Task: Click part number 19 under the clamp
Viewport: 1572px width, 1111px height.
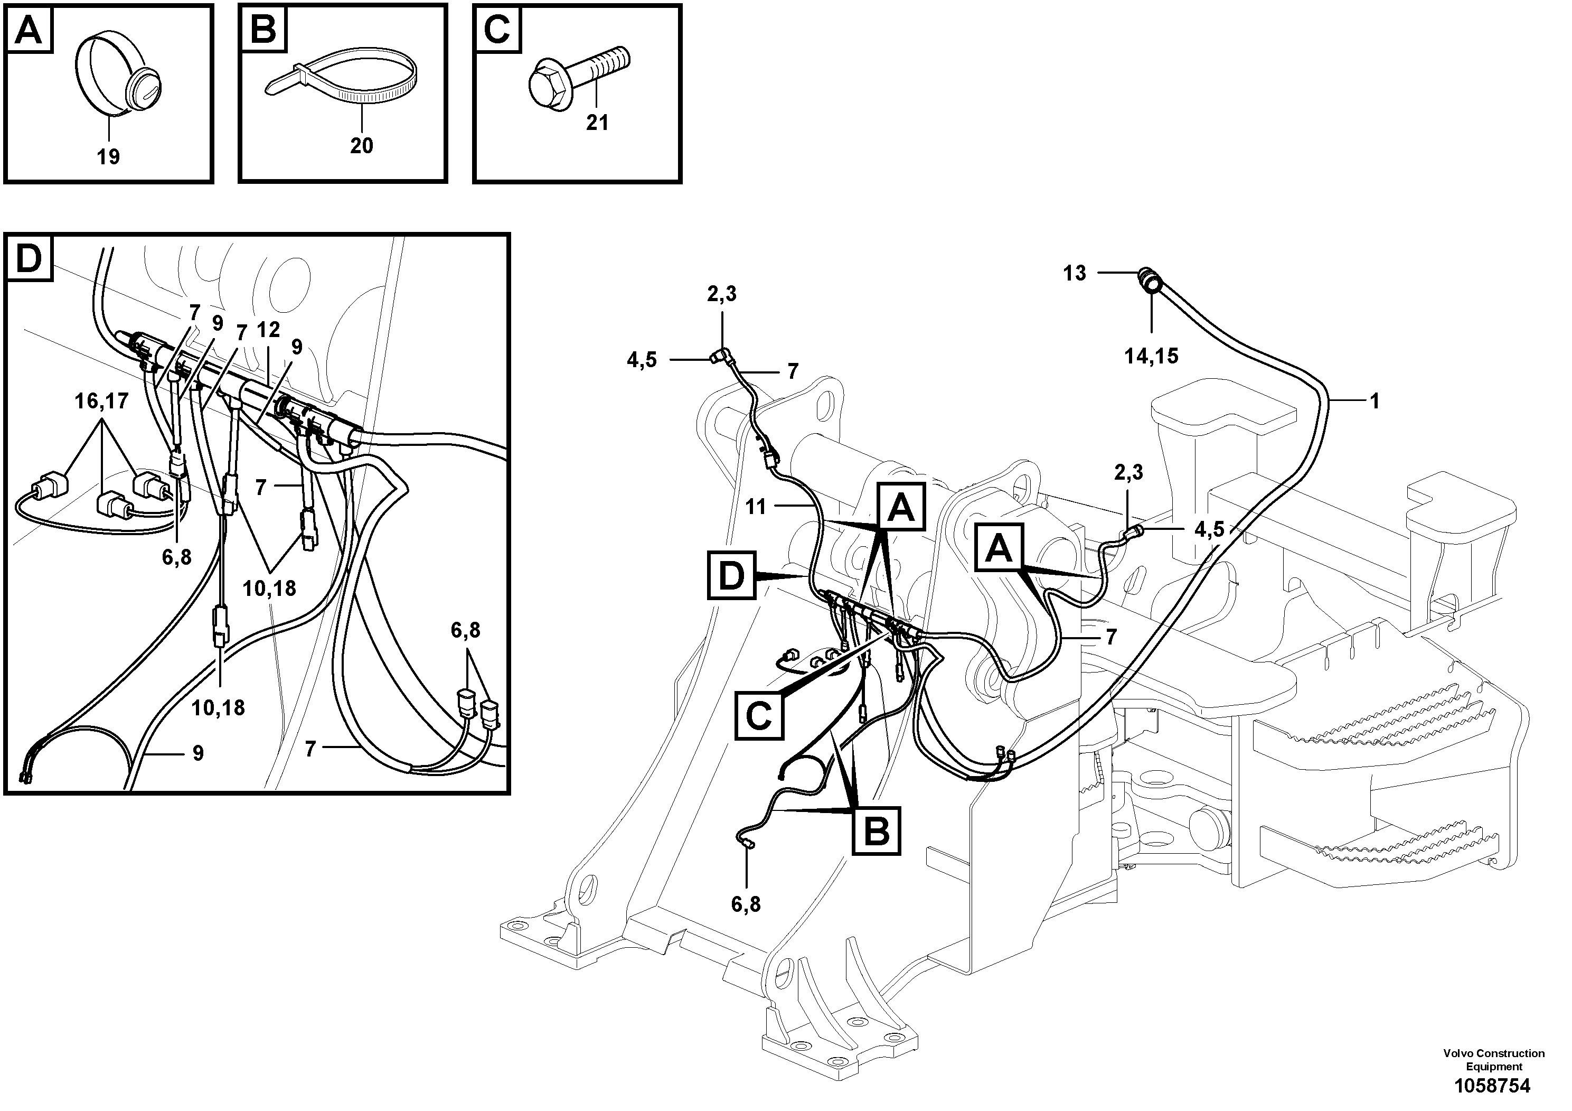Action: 108,157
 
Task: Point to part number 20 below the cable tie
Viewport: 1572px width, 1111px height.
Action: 362,145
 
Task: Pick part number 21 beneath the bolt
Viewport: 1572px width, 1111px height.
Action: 596,123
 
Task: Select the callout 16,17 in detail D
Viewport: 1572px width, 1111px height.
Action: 101,400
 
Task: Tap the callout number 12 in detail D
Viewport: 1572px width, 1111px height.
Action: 268,330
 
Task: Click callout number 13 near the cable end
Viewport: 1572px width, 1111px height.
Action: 1074,273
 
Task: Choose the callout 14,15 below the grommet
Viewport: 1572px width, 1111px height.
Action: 1151,356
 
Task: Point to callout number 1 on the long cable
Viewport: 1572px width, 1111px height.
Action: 1374,400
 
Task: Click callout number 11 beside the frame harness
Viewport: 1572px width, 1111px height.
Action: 755,507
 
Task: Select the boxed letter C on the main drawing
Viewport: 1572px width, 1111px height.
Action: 759,716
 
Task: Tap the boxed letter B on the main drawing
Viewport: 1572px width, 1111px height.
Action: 877,831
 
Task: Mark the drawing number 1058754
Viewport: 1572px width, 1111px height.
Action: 1492,1086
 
